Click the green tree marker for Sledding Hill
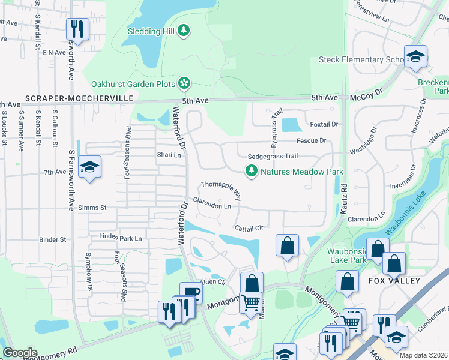[x=185, y=30]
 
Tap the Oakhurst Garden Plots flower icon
[x=185, y=82]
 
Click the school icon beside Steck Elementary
[x=415, y=57]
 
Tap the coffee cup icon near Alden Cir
[x=191, y=292]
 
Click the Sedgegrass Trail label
[x=273, y=156]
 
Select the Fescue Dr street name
[x=311, y=141]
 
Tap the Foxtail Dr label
[x=325, y=125]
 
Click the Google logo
[x=20, y=353]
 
